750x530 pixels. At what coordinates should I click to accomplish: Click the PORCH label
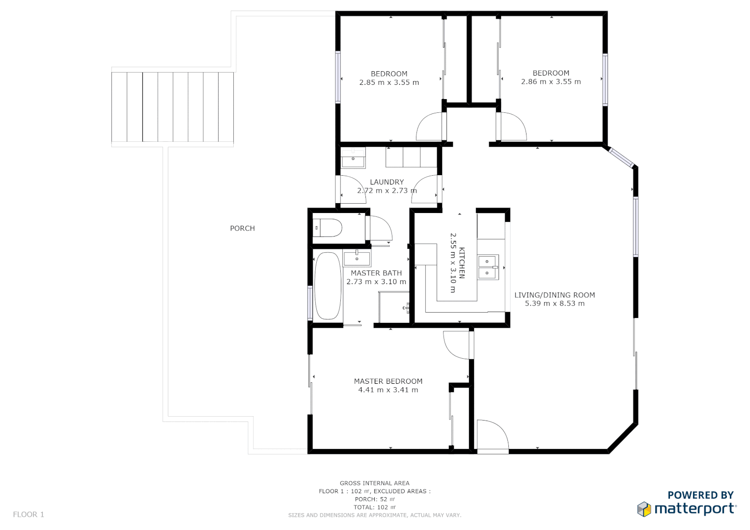242,228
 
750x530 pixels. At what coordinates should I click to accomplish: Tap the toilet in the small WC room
328,228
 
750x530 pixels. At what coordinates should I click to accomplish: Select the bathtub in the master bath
327,286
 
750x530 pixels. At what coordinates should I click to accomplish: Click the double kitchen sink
488,267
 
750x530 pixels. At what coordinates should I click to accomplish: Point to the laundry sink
353,159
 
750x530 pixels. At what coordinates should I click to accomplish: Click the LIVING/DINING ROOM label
555,295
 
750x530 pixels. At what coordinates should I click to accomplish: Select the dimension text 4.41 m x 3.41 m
388,390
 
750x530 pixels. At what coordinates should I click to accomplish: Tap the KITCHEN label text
462,263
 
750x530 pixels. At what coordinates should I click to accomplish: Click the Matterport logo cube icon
644,509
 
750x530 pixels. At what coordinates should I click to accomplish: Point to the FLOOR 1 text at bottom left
28,514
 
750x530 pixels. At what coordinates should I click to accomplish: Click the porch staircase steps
172,107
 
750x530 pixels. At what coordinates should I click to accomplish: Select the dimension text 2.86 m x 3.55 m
551,82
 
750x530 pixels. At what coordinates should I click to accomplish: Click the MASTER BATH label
376,273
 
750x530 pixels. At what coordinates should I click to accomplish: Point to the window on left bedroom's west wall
338,77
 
